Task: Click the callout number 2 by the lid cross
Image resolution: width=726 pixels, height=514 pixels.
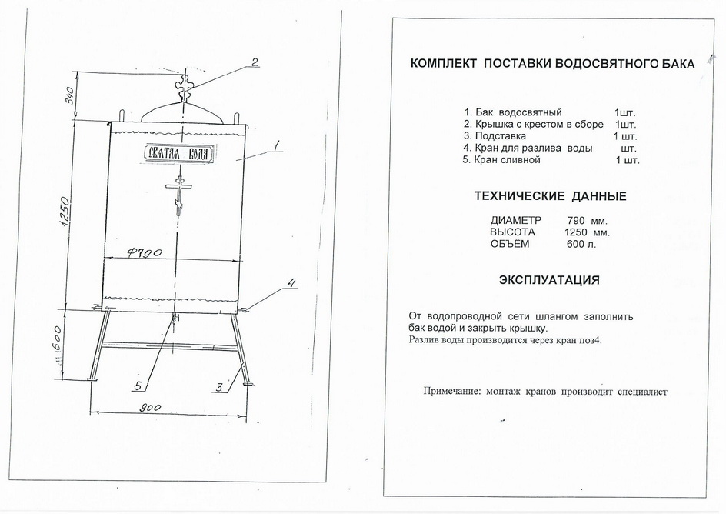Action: (x=255, y=62)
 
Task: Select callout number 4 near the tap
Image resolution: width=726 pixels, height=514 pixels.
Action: (x=291, y=283)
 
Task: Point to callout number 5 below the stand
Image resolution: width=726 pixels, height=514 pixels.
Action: (x=138, y=385)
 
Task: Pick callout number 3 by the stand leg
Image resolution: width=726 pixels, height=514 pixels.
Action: (x=219, y=387)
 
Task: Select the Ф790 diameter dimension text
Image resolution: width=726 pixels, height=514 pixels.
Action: (x=144, y=252)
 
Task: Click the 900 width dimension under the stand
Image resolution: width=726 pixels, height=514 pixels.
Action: (x=152, y=408)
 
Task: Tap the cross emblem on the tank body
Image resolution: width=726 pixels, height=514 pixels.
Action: (x=178, y=195)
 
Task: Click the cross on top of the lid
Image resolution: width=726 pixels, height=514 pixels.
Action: (x=185, y=88)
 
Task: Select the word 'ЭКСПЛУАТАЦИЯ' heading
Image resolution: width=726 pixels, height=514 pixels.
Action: (x=549, y=280)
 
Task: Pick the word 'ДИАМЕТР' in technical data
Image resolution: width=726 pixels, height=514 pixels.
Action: (x=515, y=220)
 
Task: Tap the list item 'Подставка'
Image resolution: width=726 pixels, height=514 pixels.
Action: (x=501, y=136)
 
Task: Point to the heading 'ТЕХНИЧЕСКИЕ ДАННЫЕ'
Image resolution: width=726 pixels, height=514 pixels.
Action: (x=550, y=196)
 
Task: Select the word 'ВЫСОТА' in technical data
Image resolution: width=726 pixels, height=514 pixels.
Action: (x=512, y=232)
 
